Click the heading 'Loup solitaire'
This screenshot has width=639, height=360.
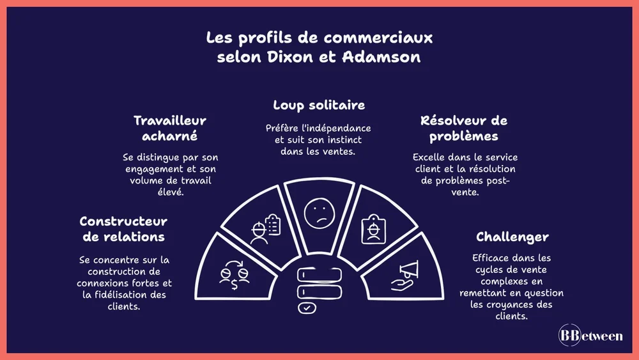pyautogui.click(x=319, y=104)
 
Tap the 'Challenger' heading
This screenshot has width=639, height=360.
pyautogui.click(x=512, y=237)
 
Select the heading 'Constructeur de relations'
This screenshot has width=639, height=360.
pyautogui.click(x=123, y=228)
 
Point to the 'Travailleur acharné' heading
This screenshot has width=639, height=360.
pyautogui.click(x=169, y=128)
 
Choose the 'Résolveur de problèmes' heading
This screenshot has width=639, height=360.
pyautogui.click(x=464, y=128)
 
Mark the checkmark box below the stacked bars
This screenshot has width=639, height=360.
pyautogui.click(x=307, y=308)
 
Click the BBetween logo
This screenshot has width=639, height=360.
pyautogui.click(x=590, y=336)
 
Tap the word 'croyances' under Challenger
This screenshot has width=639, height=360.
pyautogui.click(x=512, y=304)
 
